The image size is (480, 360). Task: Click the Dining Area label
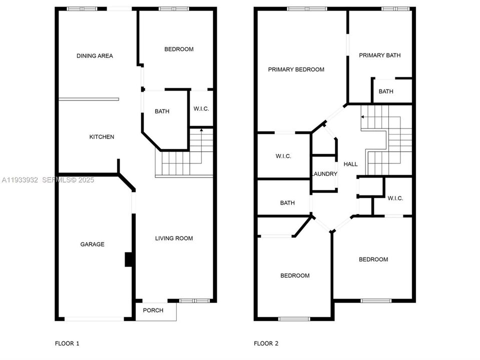95,56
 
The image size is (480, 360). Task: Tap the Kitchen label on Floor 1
102,137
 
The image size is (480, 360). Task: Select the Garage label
93,244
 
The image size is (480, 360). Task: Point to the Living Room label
174,238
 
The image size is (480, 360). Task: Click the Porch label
153,310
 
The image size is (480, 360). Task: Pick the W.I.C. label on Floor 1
201,109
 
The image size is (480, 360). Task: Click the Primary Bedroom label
296,69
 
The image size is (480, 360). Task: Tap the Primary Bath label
379,55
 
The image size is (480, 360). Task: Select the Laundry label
324,174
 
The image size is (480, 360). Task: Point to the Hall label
350,164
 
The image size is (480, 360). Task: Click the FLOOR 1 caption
67,343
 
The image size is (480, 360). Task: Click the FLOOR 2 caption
266,343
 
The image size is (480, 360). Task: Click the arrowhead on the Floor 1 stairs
201,130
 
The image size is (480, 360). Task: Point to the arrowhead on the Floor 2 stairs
362,117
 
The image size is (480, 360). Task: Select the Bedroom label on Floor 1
179,49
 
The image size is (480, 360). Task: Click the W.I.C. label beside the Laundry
283,156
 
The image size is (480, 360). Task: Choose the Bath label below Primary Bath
386,91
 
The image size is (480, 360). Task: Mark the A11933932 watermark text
20,179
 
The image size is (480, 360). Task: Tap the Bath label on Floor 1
162,111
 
